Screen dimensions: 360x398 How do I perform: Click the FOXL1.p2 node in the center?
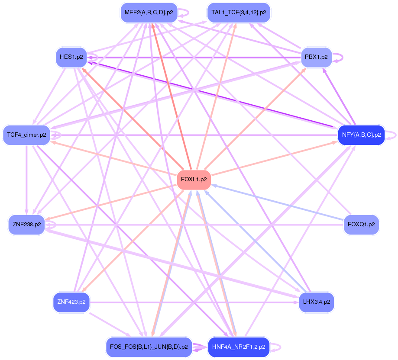194,179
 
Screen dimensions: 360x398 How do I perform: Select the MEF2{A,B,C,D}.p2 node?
149,13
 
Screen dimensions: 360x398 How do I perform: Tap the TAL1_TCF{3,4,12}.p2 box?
239,13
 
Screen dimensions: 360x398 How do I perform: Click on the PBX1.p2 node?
316,57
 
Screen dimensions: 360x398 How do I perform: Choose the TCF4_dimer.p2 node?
26,135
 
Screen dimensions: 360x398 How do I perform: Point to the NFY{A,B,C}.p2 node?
361,135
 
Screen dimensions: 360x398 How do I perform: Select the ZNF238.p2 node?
26,225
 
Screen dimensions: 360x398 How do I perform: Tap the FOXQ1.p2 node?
361,225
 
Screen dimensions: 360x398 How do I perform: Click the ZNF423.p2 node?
71,302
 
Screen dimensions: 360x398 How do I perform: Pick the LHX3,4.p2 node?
316,302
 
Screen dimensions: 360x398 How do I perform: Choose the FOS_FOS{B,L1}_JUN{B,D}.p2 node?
149,347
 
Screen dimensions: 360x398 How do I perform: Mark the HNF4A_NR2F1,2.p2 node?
239,347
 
